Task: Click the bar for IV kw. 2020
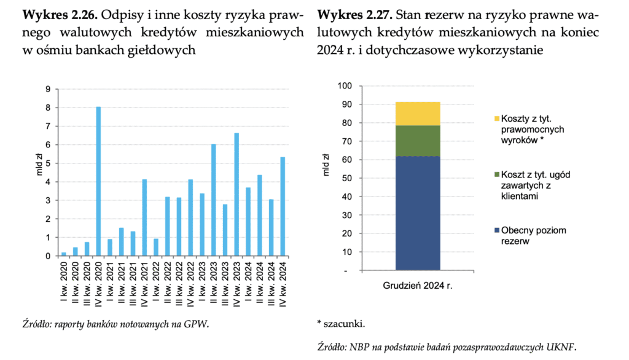point(98,181)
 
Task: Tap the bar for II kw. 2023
point(214,200)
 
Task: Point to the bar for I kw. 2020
point(64,254)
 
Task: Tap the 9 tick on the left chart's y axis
point(49,89)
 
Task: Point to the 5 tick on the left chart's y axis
point(49,163)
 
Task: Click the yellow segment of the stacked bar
point(418,114)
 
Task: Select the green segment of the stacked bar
point(418,141)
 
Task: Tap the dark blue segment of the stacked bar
point(418,213)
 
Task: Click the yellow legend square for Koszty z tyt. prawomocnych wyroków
point(496,119)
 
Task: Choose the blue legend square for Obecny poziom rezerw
point(496,230)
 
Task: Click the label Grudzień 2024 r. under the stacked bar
point(418,286)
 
